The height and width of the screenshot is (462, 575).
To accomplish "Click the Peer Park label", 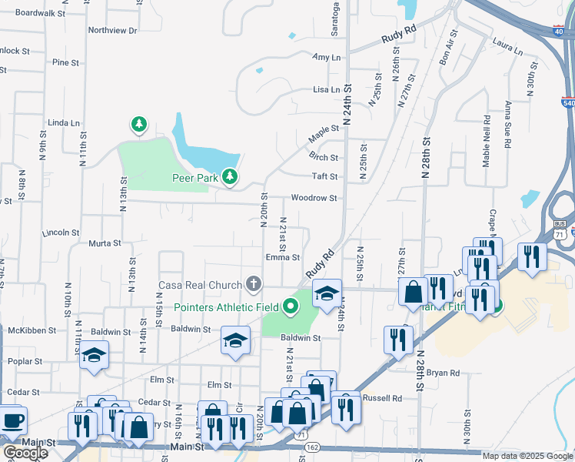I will click(x=192, y=177).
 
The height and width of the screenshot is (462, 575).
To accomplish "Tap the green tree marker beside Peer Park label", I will click(x=230, y=177).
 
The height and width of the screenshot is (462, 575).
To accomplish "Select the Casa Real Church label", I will click(x=200, y=285).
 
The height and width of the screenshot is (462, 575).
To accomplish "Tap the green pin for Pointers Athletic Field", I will click(x=290, y=307).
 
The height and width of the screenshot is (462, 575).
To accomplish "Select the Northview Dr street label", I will click(x=112, y=31).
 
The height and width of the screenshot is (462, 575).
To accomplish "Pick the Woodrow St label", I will click(x=314, y=198).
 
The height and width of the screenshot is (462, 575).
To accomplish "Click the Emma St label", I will click(x=282, y=258).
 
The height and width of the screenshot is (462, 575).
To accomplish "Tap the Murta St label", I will click(x=105, y=243).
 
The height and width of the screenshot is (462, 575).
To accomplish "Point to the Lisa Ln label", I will click(x=326, y=89).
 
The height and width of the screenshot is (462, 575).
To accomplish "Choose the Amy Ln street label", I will click(x=326, y=58).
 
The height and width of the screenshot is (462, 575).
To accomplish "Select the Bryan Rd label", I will click(x=443, y=373).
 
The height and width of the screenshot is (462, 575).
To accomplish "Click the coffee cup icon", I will click(x=12, y=422).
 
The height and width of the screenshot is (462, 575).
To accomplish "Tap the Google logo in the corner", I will click(x=25, y=453).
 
